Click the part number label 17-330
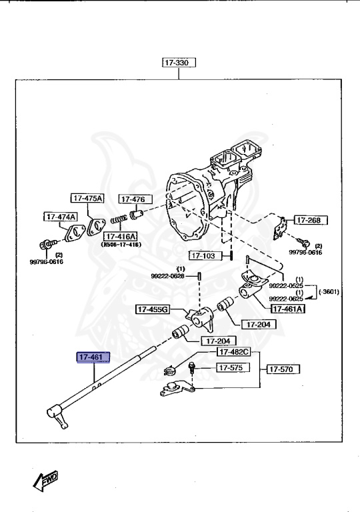177,63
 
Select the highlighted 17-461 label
91,358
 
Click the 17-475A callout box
88,198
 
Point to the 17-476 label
135,199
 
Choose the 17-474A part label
61,217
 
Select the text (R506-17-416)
121,245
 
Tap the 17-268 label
309,220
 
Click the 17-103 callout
203,255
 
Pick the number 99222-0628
167,276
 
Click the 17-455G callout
153,309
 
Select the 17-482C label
233,351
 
